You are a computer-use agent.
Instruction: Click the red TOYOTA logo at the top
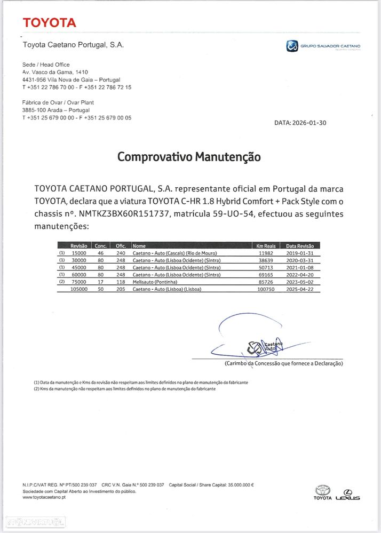point(49,22)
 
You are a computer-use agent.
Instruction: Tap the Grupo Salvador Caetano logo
point(323,46)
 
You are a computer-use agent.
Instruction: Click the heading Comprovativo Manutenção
point(189,157)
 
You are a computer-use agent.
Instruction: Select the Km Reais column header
point(265,245)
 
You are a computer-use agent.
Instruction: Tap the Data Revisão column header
point(300,245)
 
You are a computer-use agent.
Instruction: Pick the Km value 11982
point(265,253)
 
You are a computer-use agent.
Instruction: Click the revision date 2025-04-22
point(300,289)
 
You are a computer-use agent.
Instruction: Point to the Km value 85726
point(265,281)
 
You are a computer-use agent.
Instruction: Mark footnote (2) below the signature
point(125,389)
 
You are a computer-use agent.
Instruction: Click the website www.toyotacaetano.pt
point(44,497)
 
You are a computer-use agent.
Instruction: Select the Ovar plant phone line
point(77,117)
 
